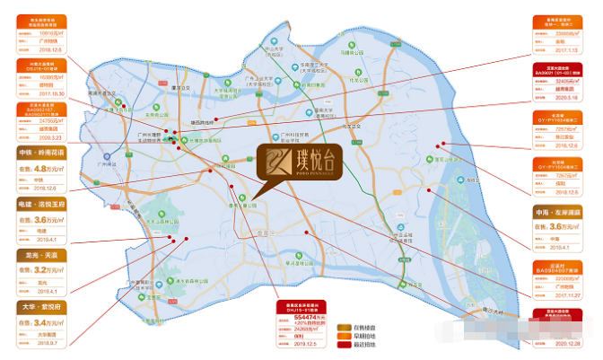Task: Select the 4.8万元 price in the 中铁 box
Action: click(48, 167)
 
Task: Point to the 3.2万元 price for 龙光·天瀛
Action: click(48, 268)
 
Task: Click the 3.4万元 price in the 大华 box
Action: click(48, 320)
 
